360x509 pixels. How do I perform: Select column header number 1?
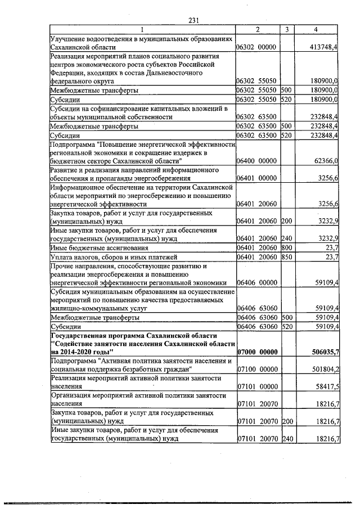click(142, 29)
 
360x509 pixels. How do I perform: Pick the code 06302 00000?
click(256, 47)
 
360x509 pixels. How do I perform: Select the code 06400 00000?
click(256, 161)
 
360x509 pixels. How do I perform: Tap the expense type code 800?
click(286, 247)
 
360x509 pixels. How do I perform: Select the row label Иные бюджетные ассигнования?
click(99, 247)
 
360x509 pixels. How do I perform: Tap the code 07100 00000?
click(256, 369)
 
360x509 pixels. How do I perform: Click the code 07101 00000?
click(256, 387)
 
